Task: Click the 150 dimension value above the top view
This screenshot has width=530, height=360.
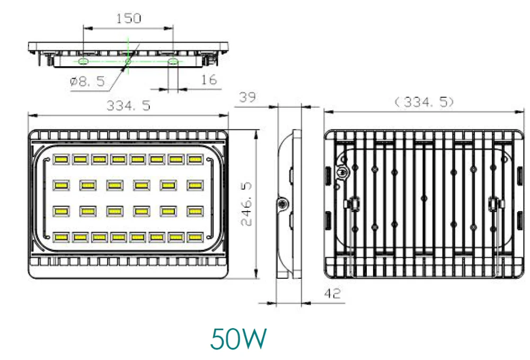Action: click(x=129, y=19)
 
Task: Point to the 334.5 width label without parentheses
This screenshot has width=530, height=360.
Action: click(x=129, y=106)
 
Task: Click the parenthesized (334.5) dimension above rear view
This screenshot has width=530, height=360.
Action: click(x=425, y=102)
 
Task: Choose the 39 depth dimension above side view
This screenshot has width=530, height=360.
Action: click(x=248, y=98)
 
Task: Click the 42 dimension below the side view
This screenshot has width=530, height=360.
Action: click(x=332, y=293)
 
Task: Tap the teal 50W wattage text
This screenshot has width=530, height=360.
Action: click(x=238, y=339)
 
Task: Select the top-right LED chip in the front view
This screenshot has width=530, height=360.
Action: click(x=195, y=159)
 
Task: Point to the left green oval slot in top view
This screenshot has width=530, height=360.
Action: click(x=83, y=62)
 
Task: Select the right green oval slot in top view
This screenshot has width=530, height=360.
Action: click(x=173, y=62)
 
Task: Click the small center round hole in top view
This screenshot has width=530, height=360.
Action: click(x=128, y=62)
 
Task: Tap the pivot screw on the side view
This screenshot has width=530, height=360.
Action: click(x=284, y=204)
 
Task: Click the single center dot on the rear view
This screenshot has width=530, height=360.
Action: click(x=423, y=198)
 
